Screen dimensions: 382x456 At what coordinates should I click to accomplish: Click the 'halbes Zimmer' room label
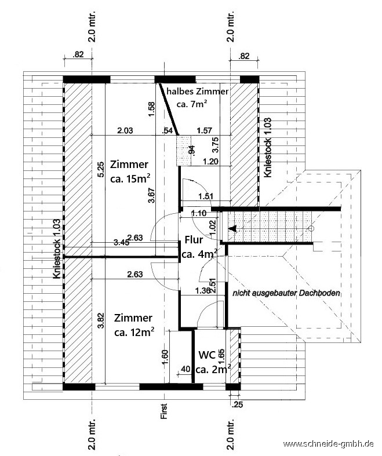pos(197,92)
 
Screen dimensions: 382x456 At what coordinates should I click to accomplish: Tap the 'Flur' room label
pos(194,240)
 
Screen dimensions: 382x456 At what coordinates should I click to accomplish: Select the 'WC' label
pos(207,355)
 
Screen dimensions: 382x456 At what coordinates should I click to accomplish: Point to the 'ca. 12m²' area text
pos(134,332)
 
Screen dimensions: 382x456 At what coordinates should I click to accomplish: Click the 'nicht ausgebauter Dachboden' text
pos(286,293)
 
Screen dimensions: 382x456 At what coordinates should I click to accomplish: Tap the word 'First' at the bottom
pos(164,411)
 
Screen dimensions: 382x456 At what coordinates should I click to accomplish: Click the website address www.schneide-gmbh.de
pos(328,444)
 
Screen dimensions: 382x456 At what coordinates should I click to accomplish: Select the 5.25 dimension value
pos(100,170)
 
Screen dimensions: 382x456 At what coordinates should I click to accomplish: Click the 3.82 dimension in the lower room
pos(101,320)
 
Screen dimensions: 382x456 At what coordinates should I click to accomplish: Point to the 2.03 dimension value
pos(125,130)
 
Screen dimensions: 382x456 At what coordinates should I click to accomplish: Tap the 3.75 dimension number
pos(216,145)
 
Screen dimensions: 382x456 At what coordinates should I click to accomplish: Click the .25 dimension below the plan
pos(237,404)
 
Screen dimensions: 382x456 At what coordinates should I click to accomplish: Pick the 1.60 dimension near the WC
pos(165,357)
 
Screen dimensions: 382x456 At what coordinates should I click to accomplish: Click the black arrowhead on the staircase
pos(232,229)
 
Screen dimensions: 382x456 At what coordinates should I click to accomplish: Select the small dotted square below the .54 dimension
pos(184,150)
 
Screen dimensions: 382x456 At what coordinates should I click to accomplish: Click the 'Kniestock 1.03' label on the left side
pos(57,249)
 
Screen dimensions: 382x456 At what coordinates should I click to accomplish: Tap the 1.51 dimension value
pos(206,196)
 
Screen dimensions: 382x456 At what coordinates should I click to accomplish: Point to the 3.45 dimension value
pos(122,243)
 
